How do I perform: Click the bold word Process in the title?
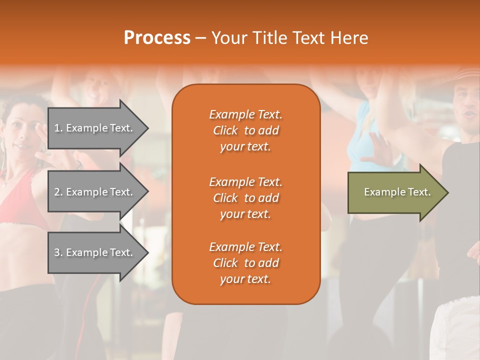point(157,37)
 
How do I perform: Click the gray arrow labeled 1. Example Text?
point(95,128)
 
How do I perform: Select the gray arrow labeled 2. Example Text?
point(95,192)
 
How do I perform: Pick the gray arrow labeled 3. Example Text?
point(95,252)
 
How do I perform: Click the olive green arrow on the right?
point(395,192)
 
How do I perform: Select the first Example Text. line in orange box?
point(245,114)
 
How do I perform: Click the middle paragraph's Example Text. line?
point(245,181)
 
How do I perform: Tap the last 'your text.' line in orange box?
point(245,279)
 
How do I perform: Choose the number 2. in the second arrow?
point(58,192)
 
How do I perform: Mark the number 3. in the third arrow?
point(58,252)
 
